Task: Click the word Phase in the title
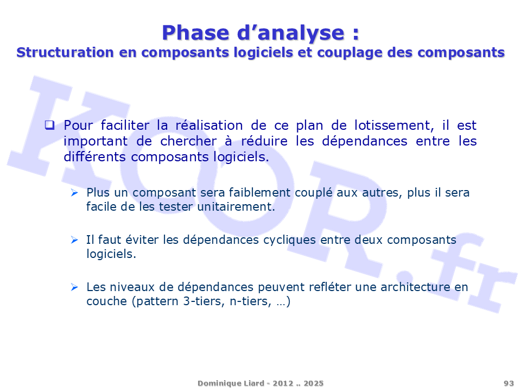click(x=195, y=33)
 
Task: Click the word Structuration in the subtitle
click(x=65, y=52)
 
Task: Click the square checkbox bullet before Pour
click(x=49, y=125)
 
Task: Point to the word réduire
click(x=264, y=141)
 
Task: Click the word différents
click(x=94, y=156)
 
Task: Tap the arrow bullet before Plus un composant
click(x=74, y=192)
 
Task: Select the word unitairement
click(x=236, y=207)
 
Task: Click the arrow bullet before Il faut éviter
click(x=74, y=239)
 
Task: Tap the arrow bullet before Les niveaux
click(x=74, y=287)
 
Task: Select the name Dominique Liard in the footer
click(x=231, y=383)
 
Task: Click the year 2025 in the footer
click(x=313, y=383)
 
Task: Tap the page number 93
click(x=509, y=383)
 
